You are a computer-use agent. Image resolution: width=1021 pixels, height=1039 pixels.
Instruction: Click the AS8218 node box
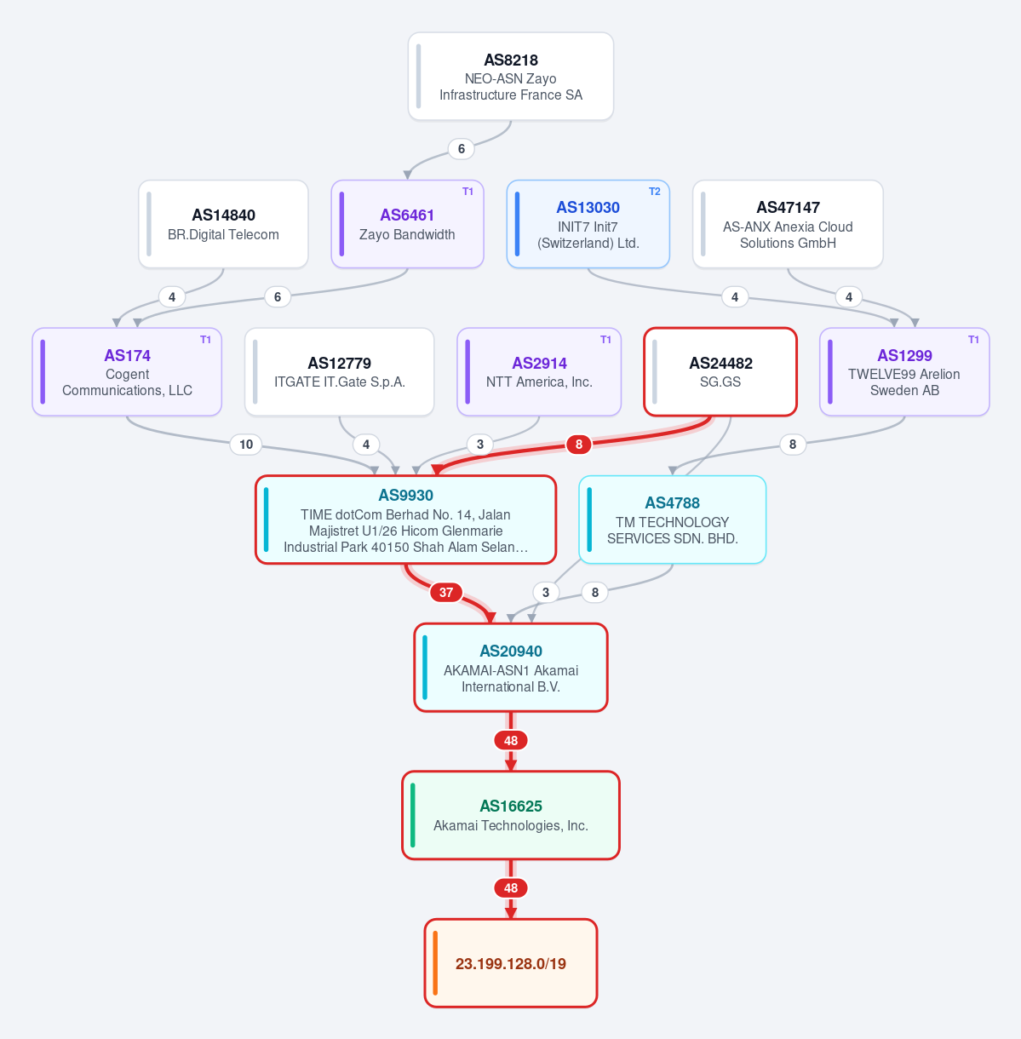510,76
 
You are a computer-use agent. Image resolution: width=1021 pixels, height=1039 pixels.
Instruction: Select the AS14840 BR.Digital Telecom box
223,224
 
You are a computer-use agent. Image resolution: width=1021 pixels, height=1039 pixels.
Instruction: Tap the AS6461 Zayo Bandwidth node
407,224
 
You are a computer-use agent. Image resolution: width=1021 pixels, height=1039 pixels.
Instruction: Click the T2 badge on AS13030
654,192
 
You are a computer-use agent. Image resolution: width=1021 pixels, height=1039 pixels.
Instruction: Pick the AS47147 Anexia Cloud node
788,224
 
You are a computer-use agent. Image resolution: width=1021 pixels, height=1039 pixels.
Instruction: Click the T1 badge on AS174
205,340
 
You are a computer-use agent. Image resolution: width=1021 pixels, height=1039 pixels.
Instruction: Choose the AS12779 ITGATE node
339,371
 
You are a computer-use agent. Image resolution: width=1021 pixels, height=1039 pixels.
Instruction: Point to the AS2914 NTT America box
539,371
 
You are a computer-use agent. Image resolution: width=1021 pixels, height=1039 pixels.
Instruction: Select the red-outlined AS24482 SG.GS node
720,371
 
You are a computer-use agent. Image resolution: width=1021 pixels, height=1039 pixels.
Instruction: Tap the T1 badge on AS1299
973,340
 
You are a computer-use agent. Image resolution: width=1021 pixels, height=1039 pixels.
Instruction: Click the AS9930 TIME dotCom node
405,519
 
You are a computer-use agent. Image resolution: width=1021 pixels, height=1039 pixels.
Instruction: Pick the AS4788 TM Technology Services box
672,519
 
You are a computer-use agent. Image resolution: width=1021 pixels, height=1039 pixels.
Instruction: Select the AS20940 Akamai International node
511,668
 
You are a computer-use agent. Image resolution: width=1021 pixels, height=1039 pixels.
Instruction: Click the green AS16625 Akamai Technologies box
511,815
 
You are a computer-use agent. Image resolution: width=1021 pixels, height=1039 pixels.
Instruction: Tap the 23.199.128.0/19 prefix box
511,963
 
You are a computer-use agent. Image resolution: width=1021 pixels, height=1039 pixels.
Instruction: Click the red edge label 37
446,593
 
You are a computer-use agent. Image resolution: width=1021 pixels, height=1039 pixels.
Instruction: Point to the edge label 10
246,445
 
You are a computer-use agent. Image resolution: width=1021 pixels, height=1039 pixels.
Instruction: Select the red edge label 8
579,445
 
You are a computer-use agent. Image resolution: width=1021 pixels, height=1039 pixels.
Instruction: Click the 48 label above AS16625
511,741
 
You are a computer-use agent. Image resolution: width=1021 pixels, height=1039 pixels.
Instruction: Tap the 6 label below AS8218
462,149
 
